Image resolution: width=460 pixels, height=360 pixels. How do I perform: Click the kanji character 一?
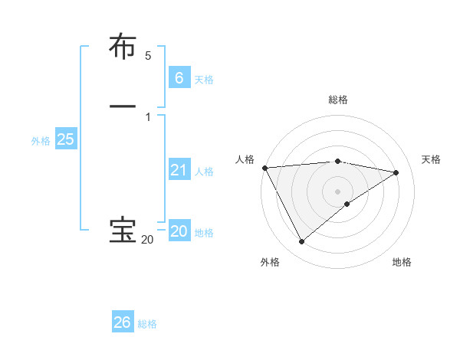point(123,106)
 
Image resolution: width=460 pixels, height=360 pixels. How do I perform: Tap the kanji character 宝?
point(123,231)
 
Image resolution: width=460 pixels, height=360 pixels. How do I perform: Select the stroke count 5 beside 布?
point(148,56)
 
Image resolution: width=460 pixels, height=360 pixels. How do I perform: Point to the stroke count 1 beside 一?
point(148,116)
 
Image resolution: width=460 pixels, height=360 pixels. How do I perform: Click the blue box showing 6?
point(179,77)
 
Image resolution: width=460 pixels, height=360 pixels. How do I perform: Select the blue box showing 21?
point(179,170)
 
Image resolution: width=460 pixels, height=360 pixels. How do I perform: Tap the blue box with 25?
point(65,139)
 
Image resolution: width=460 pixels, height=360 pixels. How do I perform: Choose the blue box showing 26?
point(123,322)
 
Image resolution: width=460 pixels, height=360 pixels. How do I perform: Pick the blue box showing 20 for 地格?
point(179,231)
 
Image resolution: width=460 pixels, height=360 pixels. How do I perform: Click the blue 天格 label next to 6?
point(204,80)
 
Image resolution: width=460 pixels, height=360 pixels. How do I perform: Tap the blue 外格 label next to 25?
point(41,141)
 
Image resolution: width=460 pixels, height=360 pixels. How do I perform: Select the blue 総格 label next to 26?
point(147,325)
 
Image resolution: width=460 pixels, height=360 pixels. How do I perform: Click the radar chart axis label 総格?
point(338,100)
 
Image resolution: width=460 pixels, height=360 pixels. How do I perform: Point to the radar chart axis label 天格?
point(431,159)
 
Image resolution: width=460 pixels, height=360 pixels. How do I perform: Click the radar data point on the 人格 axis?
point(264,168)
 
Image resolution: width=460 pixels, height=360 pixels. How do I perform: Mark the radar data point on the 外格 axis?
point(301,242)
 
